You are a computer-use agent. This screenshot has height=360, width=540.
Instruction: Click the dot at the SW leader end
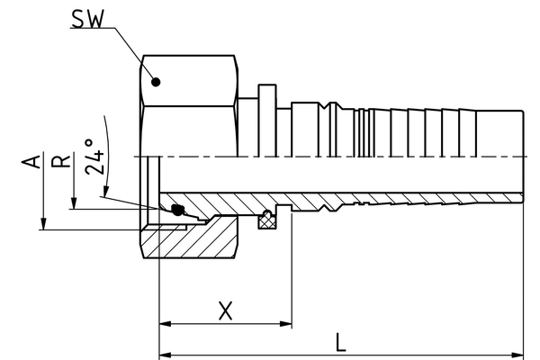[157, 82]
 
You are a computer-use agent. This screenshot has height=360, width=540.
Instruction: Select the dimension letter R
[60, 162]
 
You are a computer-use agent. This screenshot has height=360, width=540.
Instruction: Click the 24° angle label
[95, 155]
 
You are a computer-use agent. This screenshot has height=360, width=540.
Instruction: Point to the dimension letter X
[225, 311]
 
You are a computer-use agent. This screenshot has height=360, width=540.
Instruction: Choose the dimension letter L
[340, 342]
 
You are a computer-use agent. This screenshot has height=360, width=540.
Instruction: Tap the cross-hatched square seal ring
[266, 219]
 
